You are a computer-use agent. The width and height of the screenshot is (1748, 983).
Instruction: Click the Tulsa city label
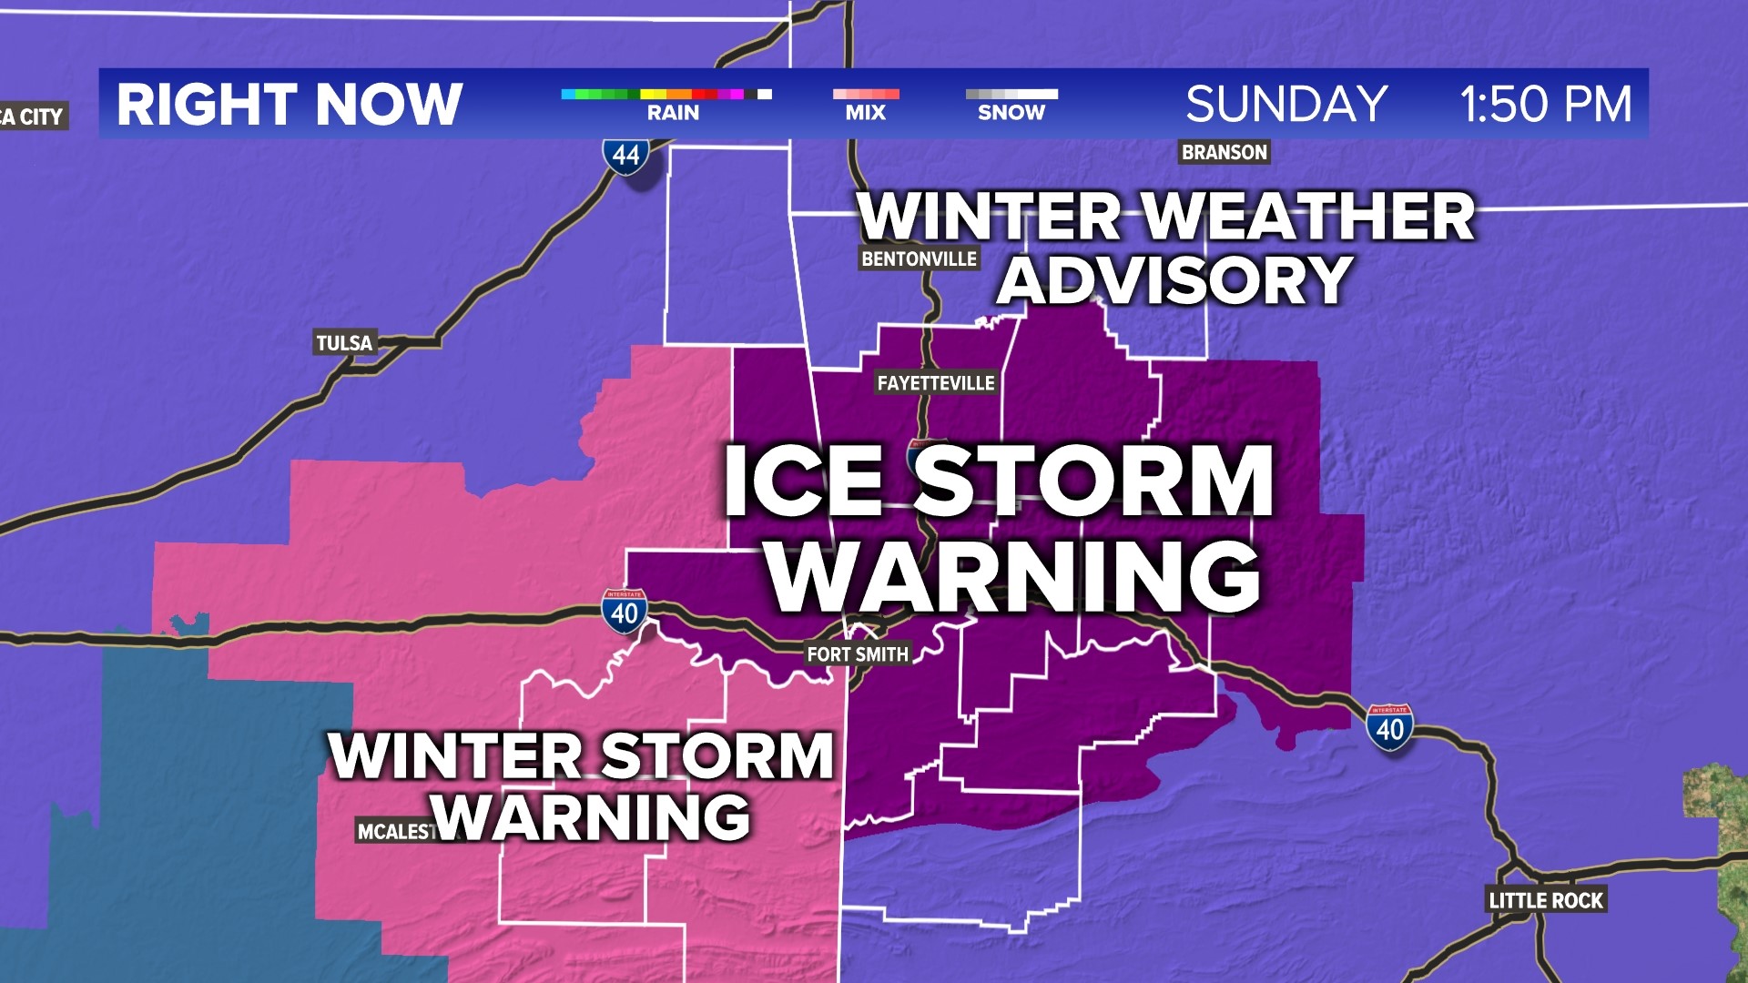click(x=344, y=343)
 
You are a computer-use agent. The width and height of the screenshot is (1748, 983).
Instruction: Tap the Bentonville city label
click(x=919, y=258)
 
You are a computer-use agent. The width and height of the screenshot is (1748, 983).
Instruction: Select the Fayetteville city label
click(x=935, y=383)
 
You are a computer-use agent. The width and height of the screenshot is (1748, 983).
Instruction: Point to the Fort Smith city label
click(x=857, y=654)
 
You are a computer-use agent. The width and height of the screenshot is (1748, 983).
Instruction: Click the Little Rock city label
click(x=1545, y=900)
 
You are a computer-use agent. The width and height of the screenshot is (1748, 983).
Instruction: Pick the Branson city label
click(x=1224, y=152)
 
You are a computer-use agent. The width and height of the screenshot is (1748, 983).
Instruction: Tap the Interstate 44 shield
click(x=625, y=156)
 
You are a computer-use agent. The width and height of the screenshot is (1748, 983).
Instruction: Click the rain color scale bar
click(x=666, y=94)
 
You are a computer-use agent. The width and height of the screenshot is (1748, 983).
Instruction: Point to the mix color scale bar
click(x=865, y=94)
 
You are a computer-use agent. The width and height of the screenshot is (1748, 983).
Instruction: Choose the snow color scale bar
click(x=1011, y=94)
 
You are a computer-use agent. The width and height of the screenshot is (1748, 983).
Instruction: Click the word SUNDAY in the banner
click(x=1286, y=104)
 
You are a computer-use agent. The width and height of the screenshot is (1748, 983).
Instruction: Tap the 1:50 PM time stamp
click(x=1545, y=104)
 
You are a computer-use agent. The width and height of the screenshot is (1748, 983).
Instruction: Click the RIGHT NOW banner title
click(x=290, y=104)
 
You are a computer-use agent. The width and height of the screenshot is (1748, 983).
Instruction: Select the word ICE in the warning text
click(x=802, y=481)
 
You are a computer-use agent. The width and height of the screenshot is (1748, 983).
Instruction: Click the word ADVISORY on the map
click(x=1174, y=279)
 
